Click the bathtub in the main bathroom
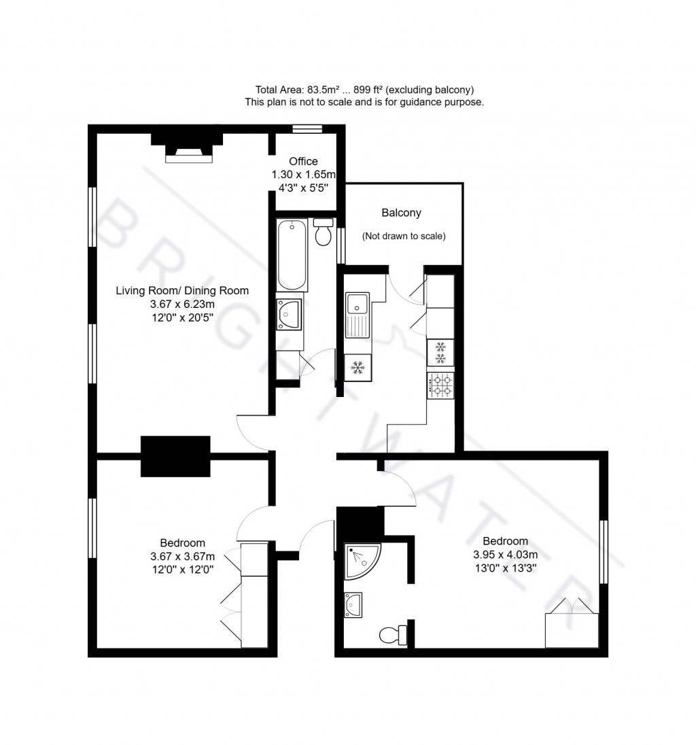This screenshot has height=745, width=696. pyautogui.click(x=292, y=255)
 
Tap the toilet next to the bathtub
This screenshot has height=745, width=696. pyautogui.click(x=324, y=232)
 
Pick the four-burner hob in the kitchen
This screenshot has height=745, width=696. pyautogui.click(x=440, y=385)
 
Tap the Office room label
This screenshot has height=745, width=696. pyautogui.click(x=303, y=161)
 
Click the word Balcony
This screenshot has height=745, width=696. pyautogui.click(x=401, y=213)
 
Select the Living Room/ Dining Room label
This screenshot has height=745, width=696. pyautogui.click(x=182, y=290)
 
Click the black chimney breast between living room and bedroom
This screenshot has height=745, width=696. pyautogui.click(x=175, y=456)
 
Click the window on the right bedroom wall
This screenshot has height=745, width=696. pyautogui.click(x=603, y=551)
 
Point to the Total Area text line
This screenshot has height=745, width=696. pyautogui.click(x=364, y=90)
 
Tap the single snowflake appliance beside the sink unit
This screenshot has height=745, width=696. pyautogui.click(x=358, y=368)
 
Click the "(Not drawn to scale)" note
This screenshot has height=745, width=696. pyautogui.click(x=404, y=237)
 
